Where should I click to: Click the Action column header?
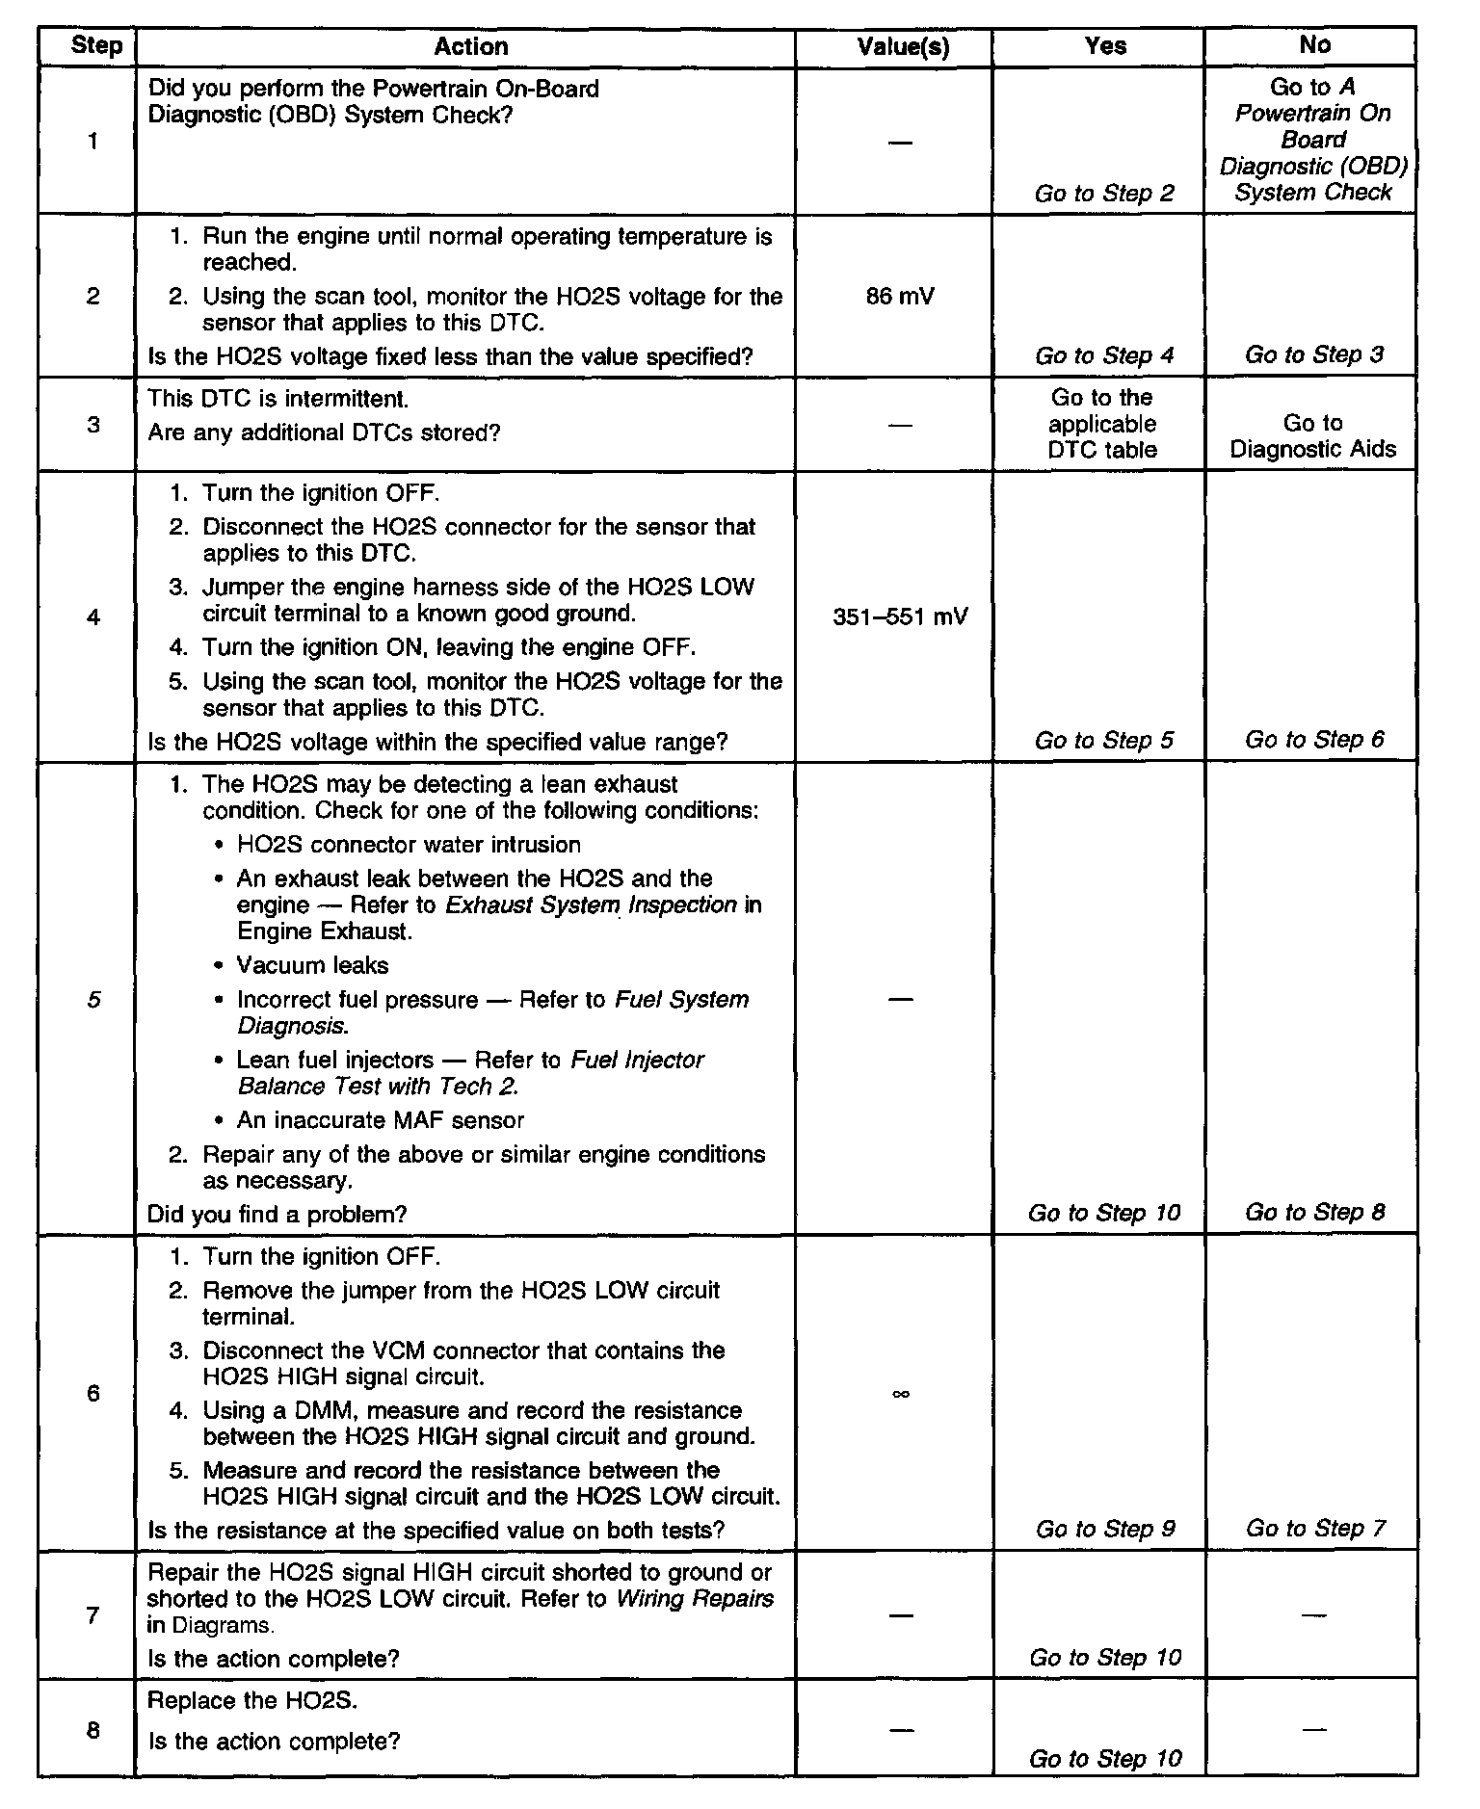click(x=470, y=46)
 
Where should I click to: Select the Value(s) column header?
click(x=903, y=47)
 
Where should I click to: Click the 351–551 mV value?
click(x=900, y=616)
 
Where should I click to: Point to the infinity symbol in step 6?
click(x=901, y=1394)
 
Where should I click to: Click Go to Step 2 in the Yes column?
click(x=1104, y=194)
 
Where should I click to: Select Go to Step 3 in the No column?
click(x=1313, y=355)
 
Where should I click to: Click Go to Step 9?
click(x=1105, y=1529)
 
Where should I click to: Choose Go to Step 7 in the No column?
click(x=1315, y=1529)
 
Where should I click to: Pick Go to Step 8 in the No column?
click(x=1314, y=1213)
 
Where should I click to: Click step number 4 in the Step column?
click(x=92, y=616)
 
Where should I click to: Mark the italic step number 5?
click(x=92, y=1000)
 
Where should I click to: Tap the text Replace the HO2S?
click(x=252, y=1700)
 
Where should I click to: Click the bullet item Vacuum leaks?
click(x=312, y=965)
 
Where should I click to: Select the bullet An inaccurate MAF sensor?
click(x=380, y=1120)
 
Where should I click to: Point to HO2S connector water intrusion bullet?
click(x=409, y=845)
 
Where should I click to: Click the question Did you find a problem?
click(x=277, y=1214)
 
